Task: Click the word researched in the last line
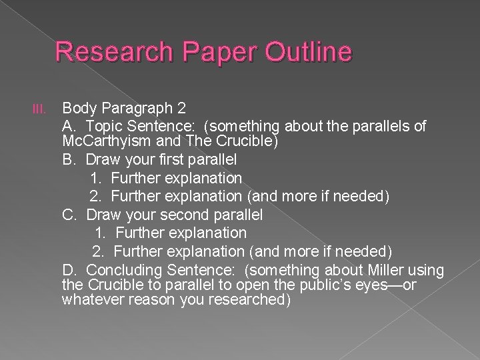[249, 299]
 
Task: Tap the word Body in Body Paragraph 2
[77, 108]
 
